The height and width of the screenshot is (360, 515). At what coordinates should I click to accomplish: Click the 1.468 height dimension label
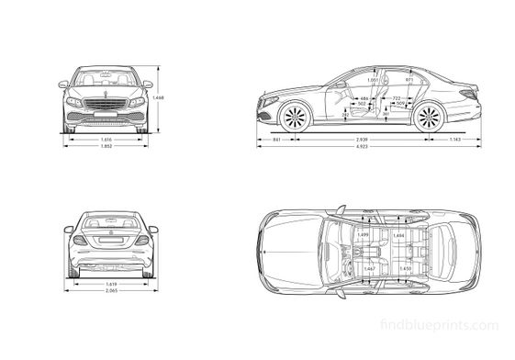(x=159, y=98)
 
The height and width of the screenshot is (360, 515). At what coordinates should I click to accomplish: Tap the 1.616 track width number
(x=106, y=138)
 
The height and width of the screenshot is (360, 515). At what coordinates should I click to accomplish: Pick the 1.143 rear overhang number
(x=455, y=138)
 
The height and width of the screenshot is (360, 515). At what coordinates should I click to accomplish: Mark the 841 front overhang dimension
(x=276, y=138)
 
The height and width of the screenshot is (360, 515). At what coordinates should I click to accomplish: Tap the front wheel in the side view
(x=297, y=118)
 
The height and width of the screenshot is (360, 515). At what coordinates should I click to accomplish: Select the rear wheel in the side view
(x=427, y=118)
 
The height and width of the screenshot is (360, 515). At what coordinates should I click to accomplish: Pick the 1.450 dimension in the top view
(x=405, y=268)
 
